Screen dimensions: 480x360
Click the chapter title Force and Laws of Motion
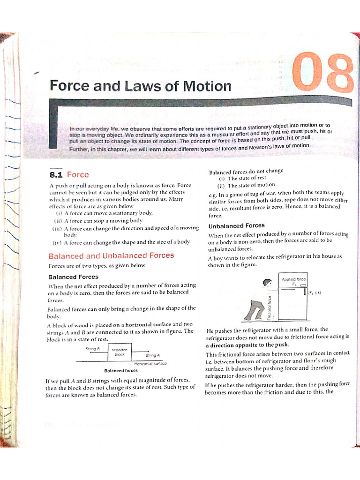click(x=140, y=86)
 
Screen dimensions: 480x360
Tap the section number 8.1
click(x=56, y=175)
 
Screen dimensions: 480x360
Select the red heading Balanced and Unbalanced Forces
click(x=111, y=255)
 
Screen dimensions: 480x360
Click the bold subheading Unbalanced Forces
click(x=236, y=225)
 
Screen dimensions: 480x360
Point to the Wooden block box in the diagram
click(x=120, y=352)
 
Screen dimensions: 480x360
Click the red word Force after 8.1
click(x=78, y=175)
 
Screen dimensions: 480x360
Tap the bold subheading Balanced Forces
click(x=73, y=277)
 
